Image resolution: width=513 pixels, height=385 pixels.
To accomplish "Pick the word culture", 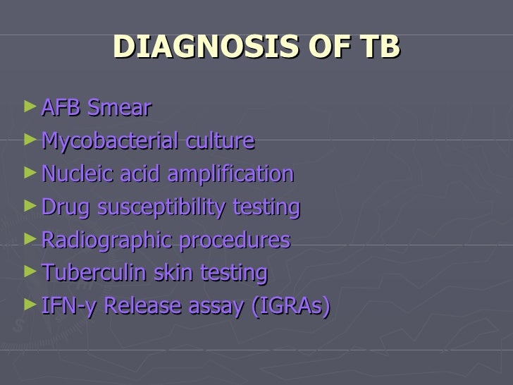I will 219,141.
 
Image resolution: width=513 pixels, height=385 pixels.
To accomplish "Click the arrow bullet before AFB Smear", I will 28,107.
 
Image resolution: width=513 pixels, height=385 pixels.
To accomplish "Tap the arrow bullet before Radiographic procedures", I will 28,239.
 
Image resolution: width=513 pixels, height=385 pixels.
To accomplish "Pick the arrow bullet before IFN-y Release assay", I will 28,305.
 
